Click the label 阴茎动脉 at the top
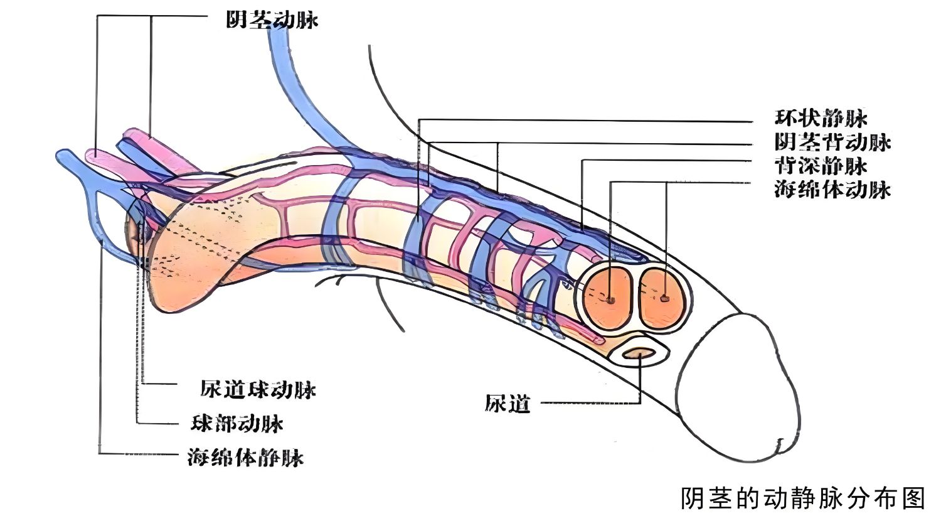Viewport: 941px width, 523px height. [x=272, y=20]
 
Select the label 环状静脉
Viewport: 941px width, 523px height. [x=821, y=119]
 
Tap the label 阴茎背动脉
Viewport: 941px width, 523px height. [x=832, y=143]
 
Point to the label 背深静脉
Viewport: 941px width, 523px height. [x=821, y=166]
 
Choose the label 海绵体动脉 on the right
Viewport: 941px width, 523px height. [x=832, y=189]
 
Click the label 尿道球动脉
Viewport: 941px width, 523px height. [x=258, y=390]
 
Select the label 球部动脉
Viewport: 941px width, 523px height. [x=237, y=424]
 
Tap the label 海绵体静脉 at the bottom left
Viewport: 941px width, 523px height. [x=246, y=457]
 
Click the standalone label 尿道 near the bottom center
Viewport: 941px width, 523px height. [x=508, y=404]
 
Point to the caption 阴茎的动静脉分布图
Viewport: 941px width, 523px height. [x=803, y=499]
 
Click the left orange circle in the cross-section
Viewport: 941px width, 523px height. [x=606, y=298]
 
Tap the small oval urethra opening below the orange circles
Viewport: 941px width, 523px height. [x=640, y=354]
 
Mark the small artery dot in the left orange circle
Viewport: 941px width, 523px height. [x=610, y=300]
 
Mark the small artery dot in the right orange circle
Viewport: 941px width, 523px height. [x=666, y=298]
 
